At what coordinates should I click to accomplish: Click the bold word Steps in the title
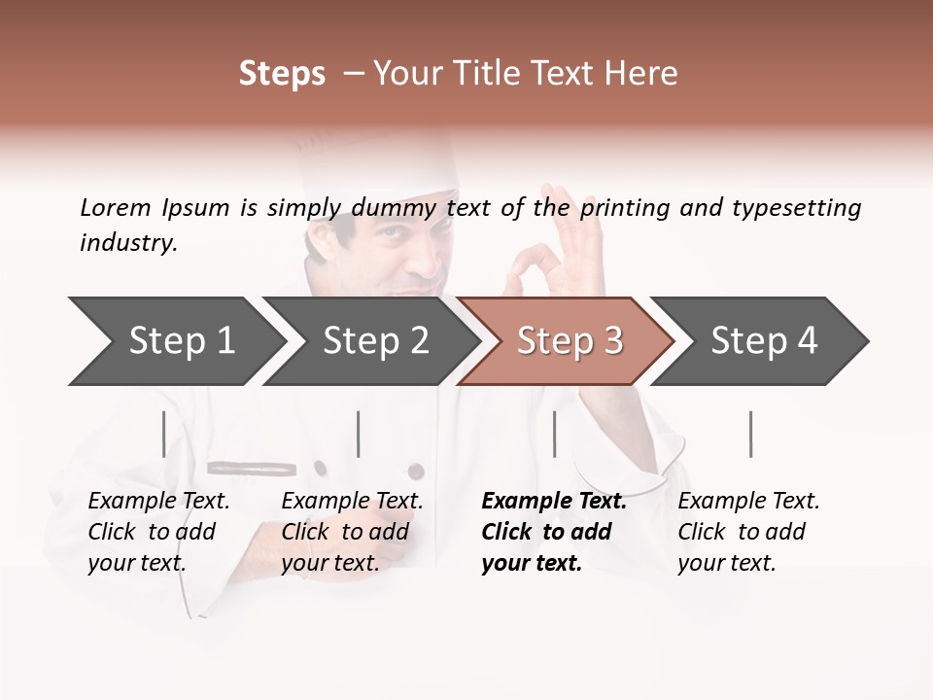(282, 74)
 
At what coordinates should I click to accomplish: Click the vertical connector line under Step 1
(164, 434)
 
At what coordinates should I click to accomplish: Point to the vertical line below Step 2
(359, 434)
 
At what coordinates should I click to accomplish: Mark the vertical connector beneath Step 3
(555, 434)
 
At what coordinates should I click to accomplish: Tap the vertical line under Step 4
(751, 434)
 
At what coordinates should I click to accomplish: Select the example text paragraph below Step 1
(158, 532)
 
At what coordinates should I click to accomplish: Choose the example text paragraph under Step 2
(352, 532)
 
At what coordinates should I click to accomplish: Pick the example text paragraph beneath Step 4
(748, 532)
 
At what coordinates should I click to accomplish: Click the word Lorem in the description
(116, 207)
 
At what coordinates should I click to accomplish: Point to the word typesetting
(796, 208)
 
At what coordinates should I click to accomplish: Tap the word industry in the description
(128, 243)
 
